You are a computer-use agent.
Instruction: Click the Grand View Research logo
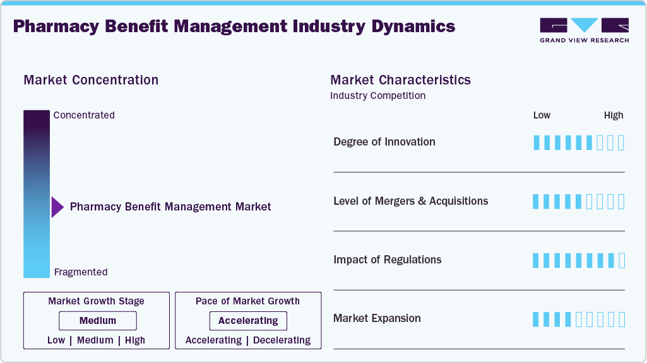tap(584, 30)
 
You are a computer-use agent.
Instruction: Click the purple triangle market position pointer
tap(57, 207)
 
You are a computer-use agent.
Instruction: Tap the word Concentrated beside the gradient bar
tap(84, 115)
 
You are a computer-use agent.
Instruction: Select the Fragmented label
tap(81, 272)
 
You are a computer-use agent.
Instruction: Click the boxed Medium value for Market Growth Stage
tap(97, 321)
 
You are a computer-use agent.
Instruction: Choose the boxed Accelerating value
tap(248, 321)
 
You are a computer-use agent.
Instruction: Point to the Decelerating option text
tap(281, 340)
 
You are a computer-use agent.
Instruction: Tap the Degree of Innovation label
tap(384, 142)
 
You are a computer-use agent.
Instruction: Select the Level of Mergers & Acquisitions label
tap(411, 201)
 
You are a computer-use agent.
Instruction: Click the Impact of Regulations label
tap(388, 260)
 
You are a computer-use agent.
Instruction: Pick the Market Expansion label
tap(377, 318)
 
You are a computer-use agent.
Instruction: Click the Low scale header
tap(542, 115)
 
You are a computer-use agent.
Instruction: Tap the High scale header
tap(614, 115)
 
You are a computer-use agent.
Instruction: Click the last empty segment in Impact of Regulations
tap(621, 260)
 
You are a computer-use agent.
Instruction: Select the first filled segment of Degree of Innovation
tap(537, 142)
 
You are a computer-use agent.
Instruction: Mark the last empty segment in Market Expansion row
tap(621, 320)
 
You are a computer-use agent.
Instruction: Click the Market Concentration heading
tap(91, 80)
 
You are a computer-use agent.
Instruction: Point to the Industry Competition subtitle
tap(377, 96)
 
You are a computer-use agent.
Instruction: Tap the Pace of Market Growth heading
tap(247, 301)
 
